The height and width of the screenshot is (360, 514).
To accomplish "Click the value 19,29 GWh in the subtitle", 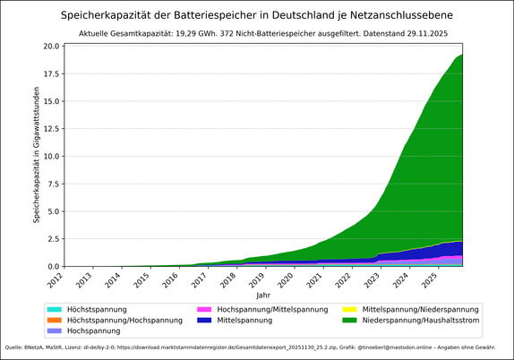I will [x=226, y=33].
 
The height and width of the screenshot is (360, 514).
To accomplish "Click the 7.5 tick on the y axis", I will [x=53, y=184].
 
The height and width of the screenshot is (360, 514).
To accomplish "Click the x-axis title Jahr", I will [x=262, y=295].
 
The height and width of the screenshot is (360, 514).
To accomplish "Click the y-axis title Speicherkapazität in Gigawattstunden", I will [x=37, y=154].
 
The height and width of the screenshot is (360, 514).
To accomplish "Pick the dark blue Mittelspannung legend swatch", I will [x=206, y=320].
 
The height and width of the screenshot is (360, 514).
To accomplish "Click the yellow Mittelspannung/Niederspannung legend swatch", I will [x=348, y=309].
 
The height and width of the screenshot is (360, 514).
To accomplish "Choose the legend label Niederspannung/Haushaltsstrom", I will [x=420, y=320].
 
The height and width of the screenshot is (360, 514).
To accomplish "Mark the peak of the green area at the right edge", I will [x=461, y=56].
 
